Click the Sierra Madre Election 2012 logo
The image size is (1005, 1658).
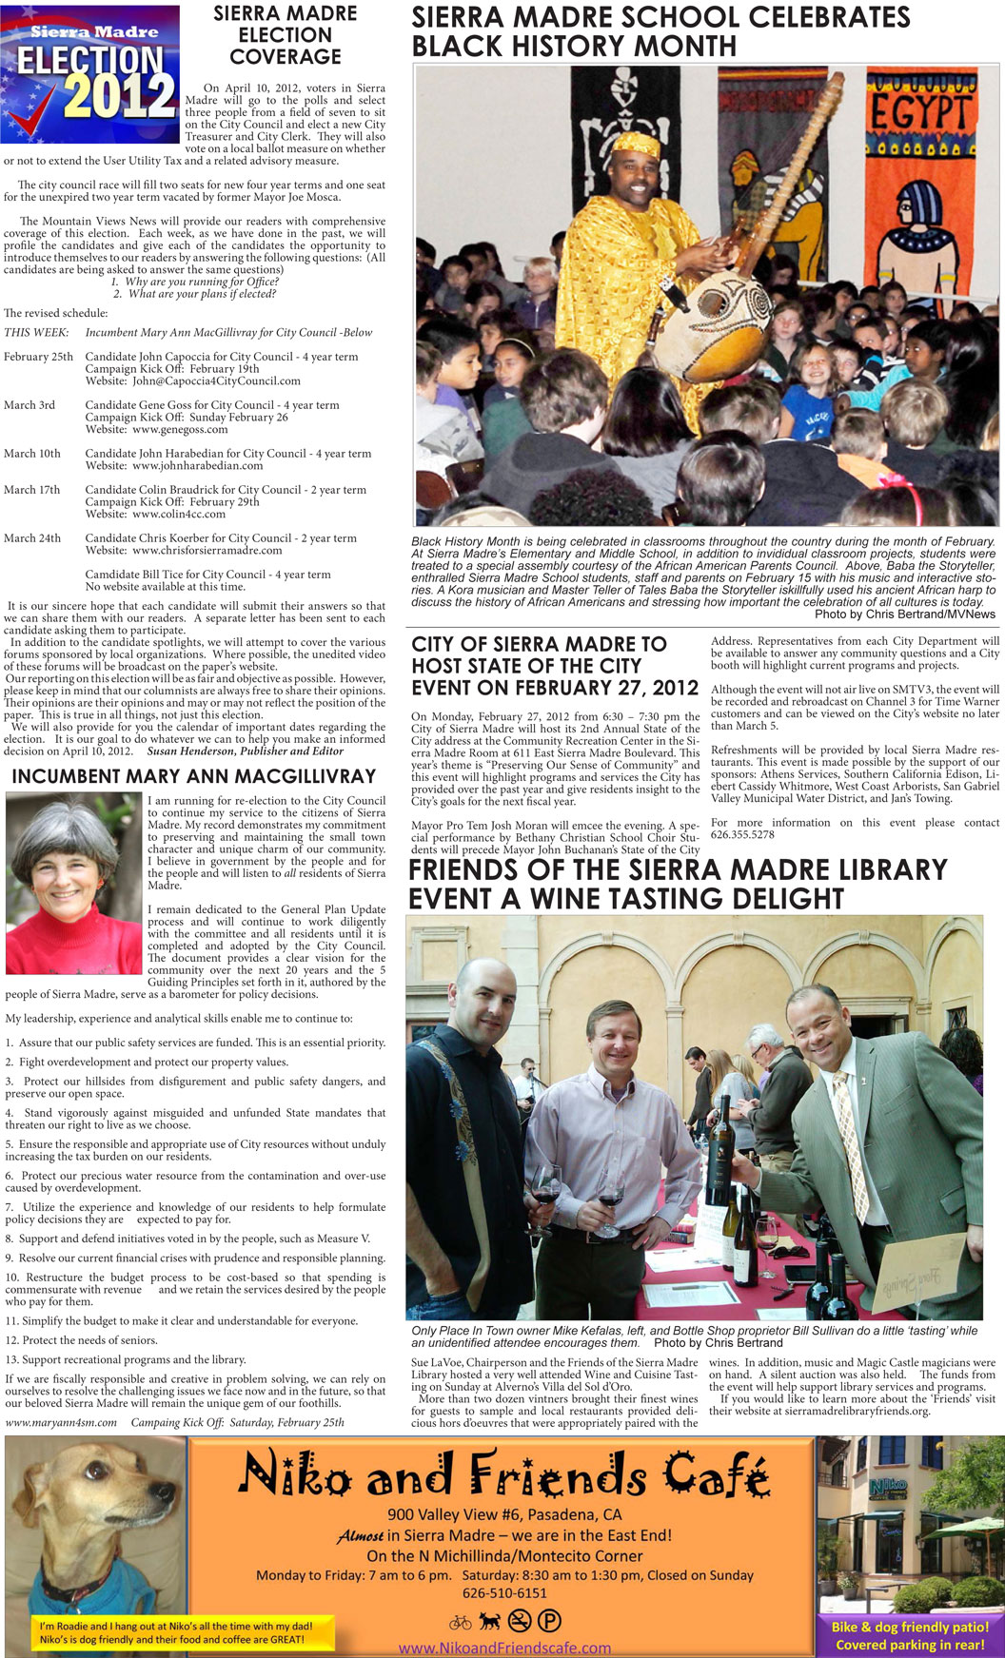point(90,73)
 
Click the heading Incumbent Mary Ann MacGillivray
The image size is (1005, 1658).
point(194,776)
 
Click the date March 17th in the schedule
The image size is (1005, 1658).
point(31,490)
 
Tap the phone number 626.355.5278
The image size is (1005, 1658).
point(742,835)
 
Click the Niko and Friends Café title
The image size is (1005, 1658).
point(502,1474)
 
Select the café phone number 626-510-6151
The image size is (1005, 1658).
point(504,1592)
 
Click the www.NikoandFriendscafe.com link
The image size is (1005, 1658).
point(504,1648)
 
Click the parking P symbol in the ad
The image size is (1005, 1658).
point(549,1621)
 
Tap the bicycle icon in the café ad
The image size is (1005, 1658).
point(460,1621)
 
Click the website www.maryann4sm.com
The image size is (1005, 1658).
point(61,1423)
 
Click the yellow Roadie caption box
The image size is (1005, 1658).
point(175,1632)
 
